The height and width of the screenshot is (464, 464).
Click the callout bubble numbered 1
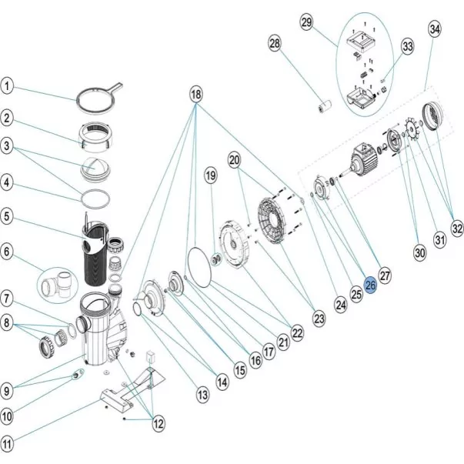[x=8, y=85]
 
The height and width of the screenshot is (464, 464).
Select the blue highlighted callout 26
[x=370, y=285]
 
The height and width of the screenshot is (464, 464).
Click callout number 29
[x=306, y=24]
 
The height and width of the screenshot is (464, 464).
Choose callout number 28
[x=275, y=44]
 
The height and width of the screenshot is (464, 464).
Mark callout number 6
[x=8, y=251]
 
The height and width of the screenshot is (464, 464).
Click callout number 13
[x=202, y=395]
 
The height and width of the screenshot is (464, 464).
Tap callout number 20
[x=235, y=160]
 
